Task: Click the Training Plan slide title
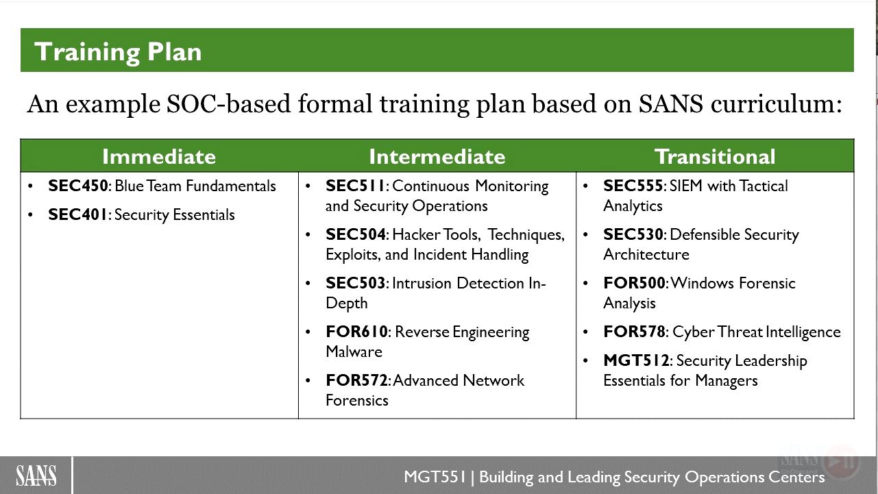[x=118, y=52]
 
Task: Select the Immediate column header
[x=159, y=157]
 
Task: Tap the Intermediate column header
[x=437, y=157]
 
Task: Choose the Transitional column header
[x=715, y=157]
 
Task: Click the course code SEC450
[x=78, y=186]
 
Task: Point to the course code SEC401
[x=77, y=214]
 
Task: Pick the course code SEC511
[x=355, y=186]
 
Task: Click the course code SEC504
[x=356, y=234]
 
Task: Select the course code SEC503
[x=356, y=283]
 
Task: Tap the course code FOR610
[x=356, y=332]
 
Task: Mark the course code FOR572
[x=356, y=380]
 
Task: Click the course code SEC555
[x=633, y=186]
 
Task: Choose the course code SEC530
[x=633, y=234]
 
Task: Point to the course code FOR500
[x=635, y=283]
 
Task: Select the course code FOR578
[x=635, y=332]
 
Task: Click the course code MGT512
[x=636, y=360]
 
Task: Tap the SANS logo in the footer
[x=36, y=476]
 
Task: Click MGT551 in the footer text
[x=435, y=477]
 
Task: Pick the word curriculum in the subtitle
[x=776, y=104]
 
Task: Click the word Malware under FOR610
[x=354, y=351]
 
